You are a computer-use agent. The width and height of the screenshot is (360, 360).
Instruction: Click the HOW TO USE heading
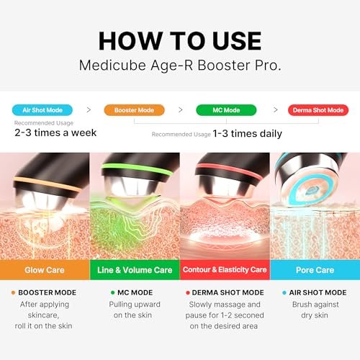point(180,40)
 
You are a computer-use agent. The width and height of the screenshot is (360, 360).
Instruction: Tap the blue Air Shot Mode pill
point(42,110)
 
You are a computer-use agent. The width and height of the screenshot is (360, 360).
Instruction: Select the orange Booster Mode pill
point(134,110)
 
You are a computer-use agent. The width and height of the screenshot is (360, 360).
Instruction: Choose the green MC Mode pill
point(226,110)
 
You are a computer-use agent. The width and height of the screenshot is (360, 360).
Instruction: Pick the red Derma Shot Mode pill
point(318,110)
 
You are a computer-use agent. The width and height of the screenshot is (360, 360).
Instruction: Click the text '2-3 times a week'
point(55,132)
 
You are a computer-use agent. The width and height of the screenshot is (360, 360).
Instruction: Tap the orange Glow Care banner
point(45,270)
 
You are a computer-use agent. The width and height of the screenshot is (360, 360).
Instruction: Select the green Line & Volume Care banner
point(135,270)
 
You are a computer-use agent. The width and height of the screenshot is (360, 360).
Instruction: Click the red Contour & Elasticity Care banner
point(225,270)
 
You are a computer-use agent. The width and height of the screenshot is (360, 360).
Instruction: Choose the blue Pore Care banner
point(315,270)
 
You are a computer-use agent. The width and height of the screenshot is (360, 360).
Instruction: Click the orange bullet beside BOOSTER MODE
point(14,292)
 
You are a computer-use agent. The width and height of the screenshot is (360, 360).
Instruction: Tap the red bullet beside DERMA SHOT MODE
point(187,292)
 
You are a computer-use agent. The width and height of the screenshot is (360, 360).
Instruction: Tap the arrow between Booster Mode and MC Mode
point(180,110)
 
